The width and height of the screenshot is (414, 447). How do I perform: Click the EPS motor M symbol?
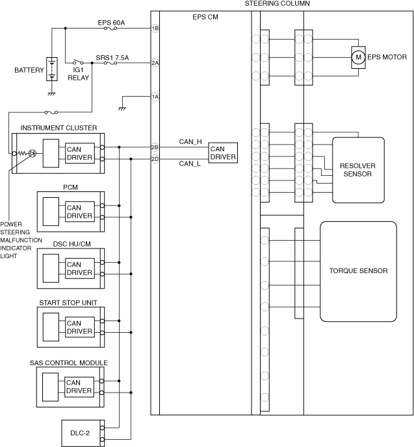(x=357, y=58)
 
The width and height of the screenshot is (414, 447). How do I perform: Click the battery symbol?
(x=52, y=70)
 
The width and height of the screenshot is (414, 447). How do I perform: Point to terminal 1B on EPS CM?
(x=155, y=29)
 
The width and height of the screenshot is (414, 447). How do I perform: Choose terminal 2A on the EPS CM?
(x=155, y=63)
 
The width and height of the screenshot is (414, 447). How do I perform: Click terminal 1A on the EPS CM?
(x=155, y=97)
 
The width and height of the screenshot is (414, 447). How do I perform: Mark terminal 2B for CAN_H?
(x=155, y=147)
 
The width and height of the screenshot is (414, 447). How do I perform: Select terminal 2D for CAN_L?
(x=155, y=158)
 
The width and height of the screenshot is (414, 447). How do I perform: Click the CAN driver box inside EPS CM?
(x=222, y=153)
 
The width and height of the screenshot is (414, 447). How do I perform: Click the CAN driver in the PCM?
(x=79, y=211)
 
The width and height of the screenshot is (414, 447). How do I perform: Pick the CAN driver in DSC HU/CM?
(x=79, y=268)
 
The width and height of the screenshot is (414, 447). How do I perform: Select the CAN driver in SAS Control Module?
(x=79, y=387)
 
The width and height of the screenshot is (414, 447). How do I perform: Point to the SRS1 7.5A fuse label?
(x=112, y=57)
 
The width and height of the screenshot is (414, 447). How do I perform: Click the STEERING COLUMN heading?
(x=277, y=4)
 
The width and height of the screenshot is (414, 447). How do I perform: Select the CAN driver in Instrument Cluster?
(x=79, y=153)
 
